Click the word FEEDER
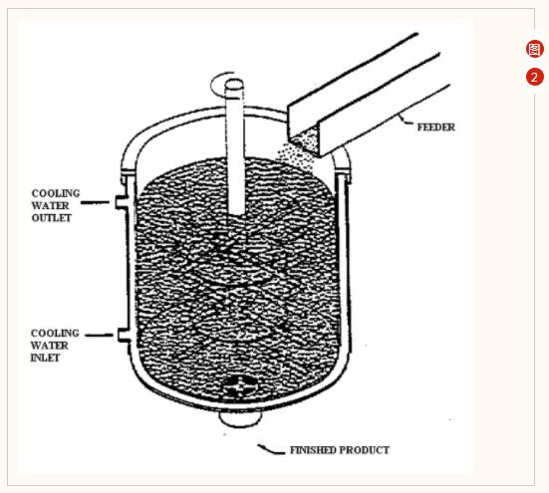pos(435,127)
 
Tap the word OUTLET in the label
pos(52,218)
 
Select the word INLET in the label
pos(45,358)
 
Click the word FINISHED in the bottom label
pos(313,450)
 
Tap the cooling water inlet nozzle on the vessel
pos(124,336)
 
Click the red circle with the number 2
pos(534,77)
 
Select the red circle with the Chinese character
pos(535,49)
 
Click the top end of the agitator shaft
pos(234,84)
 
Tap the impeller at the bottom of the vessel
pos(239,387)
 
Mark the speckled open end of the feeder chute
pos(305,141)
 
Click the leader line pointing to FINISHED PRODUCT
pos(271,449)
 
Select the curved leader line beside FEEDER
pos(407,121)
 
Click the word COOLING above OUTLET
pos(56,193)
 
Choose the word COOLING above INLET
pos(55,333)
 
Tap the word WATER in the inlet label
pos(50,346)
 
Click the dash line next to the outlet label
pos(95,202)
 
